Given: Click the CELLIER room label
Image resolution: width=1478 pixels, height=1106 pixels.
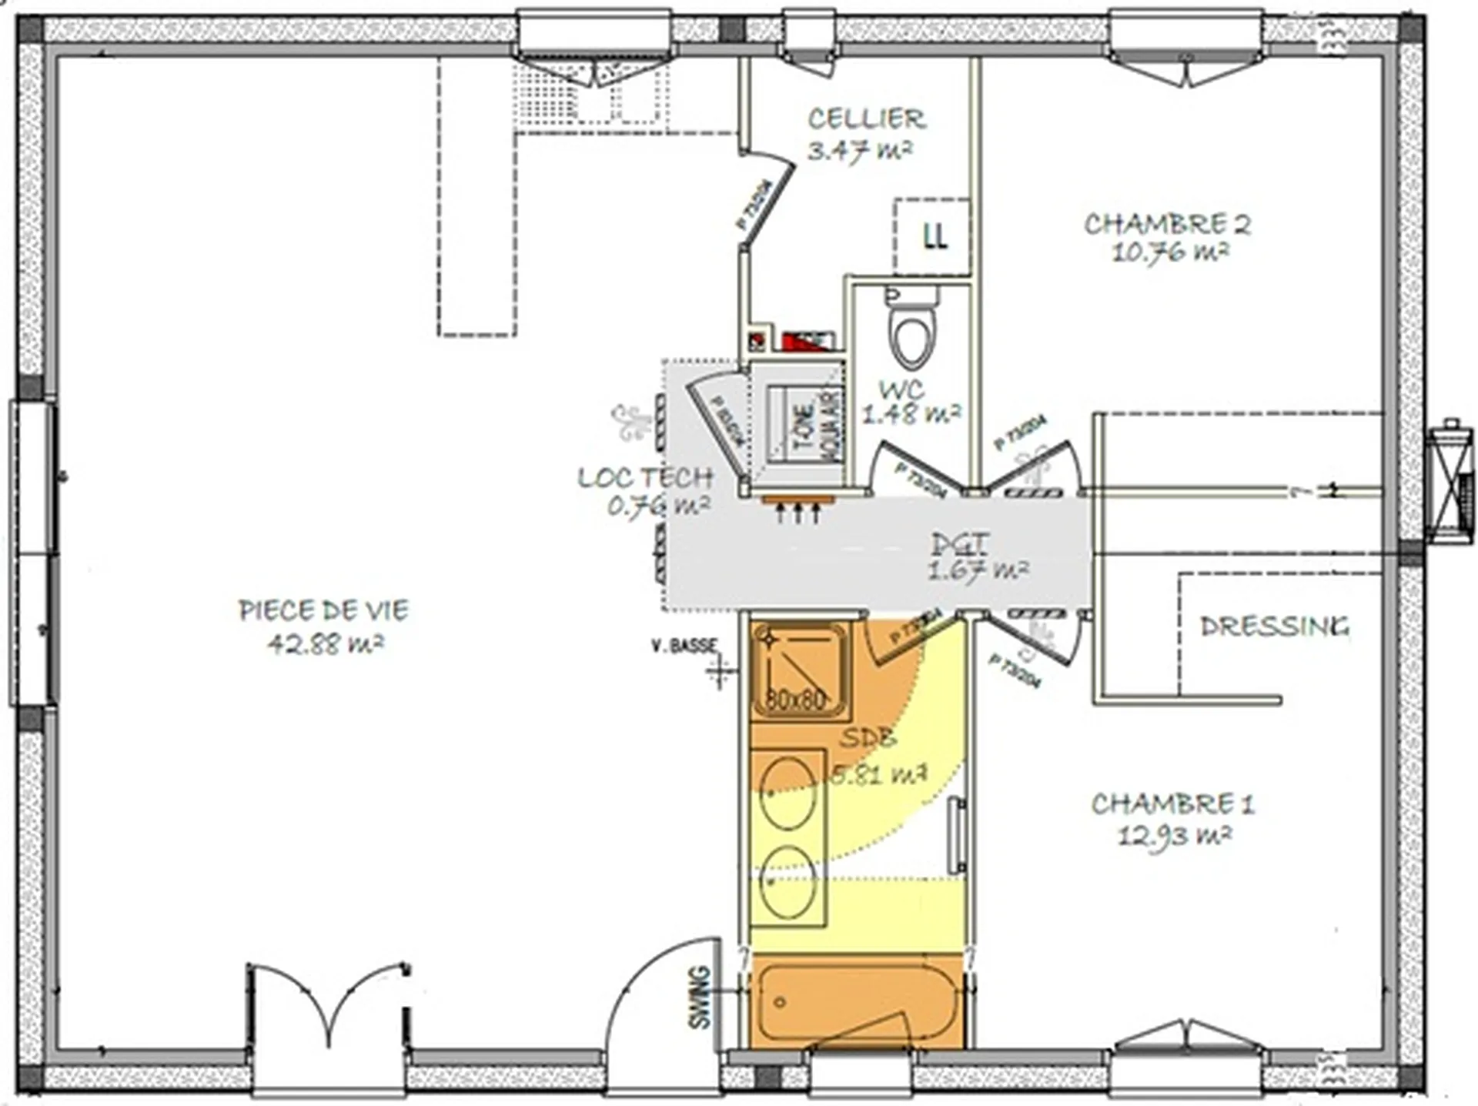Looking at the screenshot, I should pos(866,119).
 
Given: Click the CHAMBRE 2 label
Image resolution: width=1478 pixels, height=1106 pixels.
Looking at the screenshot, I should pos(1167,224).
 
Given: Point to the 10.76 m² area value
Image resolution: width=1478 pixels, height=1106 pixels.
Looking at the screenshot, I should pos(1169,252).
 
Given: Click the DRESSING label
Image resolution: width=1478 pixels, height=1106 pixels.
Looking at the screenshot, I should pos(1275,627).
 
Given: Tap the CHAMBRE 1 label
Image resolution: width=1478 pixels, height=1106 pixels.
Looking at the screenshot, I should pos(1172,804).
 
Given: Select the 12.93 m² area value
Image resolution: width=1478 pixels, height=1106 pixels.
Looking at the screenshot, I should pos(1174,834).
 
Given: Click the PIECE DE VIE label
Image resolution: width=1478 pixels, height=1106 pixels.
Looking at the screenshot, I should pos(323,611).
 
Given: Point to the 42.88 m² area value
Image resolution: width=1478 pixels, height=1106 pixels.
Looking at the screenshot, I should pos(325,643).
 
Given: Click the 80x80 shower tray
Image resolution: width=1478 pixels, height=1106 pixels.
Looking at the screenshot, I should pos(799,670).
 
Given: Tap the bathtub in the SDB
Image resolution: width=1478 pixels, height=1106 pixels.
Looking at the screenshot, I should pos(856,1001).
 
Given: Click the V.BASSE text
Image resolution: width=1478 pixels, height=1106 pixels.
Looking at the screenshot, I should pos(684,645).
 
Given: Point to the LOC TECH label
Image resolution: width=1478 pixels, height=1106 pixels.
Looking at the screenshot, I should pos(645,478).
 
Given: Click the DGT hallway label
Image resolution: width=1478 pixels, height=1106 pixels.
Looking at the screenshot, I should pos(959,544).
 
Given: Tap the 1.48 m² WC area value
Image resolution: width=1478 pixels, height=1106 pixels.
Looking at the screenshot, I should pos(911,416).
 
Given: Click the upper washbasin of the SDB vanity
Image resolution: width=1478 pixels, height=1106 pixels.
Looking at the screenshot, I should pos(787,793).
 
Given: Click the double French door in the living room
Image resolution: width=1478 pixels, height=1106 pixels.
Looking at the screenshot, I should pos(329,1008).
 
